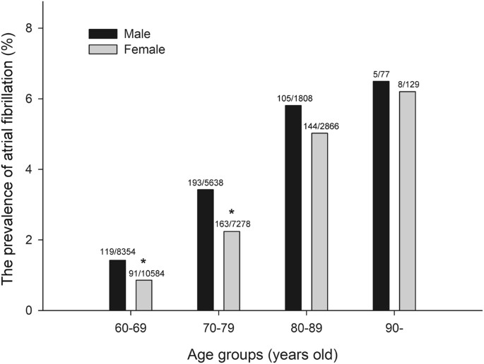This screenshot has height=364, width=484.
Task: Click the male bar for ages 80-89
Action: point(293,207)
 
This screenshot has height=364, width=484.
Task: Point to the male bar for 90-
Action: point(380,195)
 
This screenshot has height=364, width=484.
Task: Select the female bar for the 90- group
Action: point(407,201)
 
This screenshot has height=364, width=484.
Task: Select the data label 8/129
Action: point(407,85)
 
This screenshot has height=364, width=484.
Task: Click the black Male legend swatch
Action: point(102,34)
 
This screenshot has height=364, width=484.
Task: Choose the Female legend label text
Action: point(144,49)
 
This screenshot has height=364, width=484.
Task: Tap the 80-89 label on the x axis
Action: point(306,329)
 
